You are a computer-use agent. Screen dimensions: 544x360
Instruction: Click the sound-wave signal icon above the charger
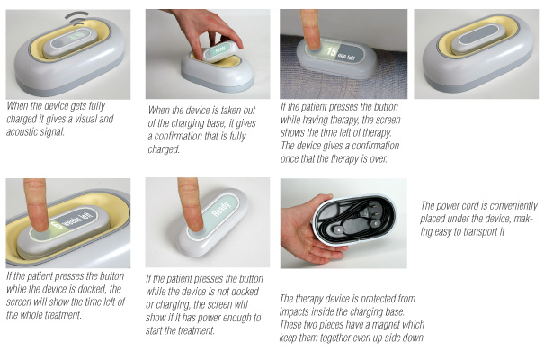(77, 18)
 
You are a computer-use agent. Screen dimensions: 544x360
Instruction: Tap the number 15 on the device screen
(331, 52)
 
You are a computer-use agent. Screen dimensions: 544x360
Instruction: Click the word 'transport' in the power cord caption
(476, 232)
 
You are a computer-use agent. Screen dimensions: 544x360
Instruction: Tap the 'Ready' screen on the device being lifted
(219, 50)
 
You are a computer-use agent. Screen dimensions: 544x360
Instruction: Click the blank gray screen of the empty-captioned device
(478, 35)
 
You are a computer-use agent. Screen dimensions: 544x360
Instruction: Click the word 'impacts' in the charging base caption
(293, 311)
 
